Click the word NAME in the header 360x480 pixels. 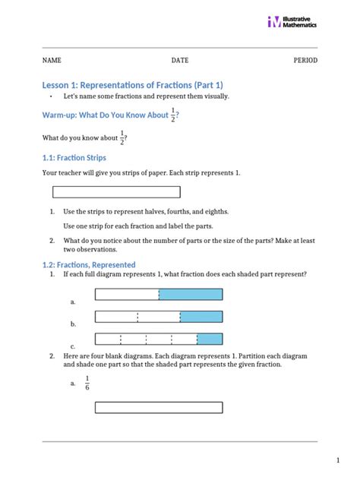point(52,60)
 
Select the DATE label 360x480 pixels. point(180,60)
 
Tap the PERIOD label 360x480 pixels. point(305,60)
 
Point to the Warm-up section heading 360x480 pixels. point(106,115)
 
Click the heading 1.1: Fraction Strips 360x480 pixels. point(74,157)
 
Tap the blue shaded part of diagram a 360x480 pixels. point(191,294)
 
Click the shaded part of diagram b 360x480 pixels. point(201,317)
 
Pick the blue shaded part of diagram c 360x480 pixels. point(210,339)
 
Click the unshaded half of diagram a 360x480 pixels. point(127,294)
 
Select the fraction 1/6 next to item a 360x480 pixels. point(87,383)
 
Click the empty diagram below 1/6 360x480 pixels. point(158,408)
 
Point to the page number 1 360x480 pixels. point(338,460)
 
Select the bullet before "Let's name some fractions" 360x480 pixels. point(51,97)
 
